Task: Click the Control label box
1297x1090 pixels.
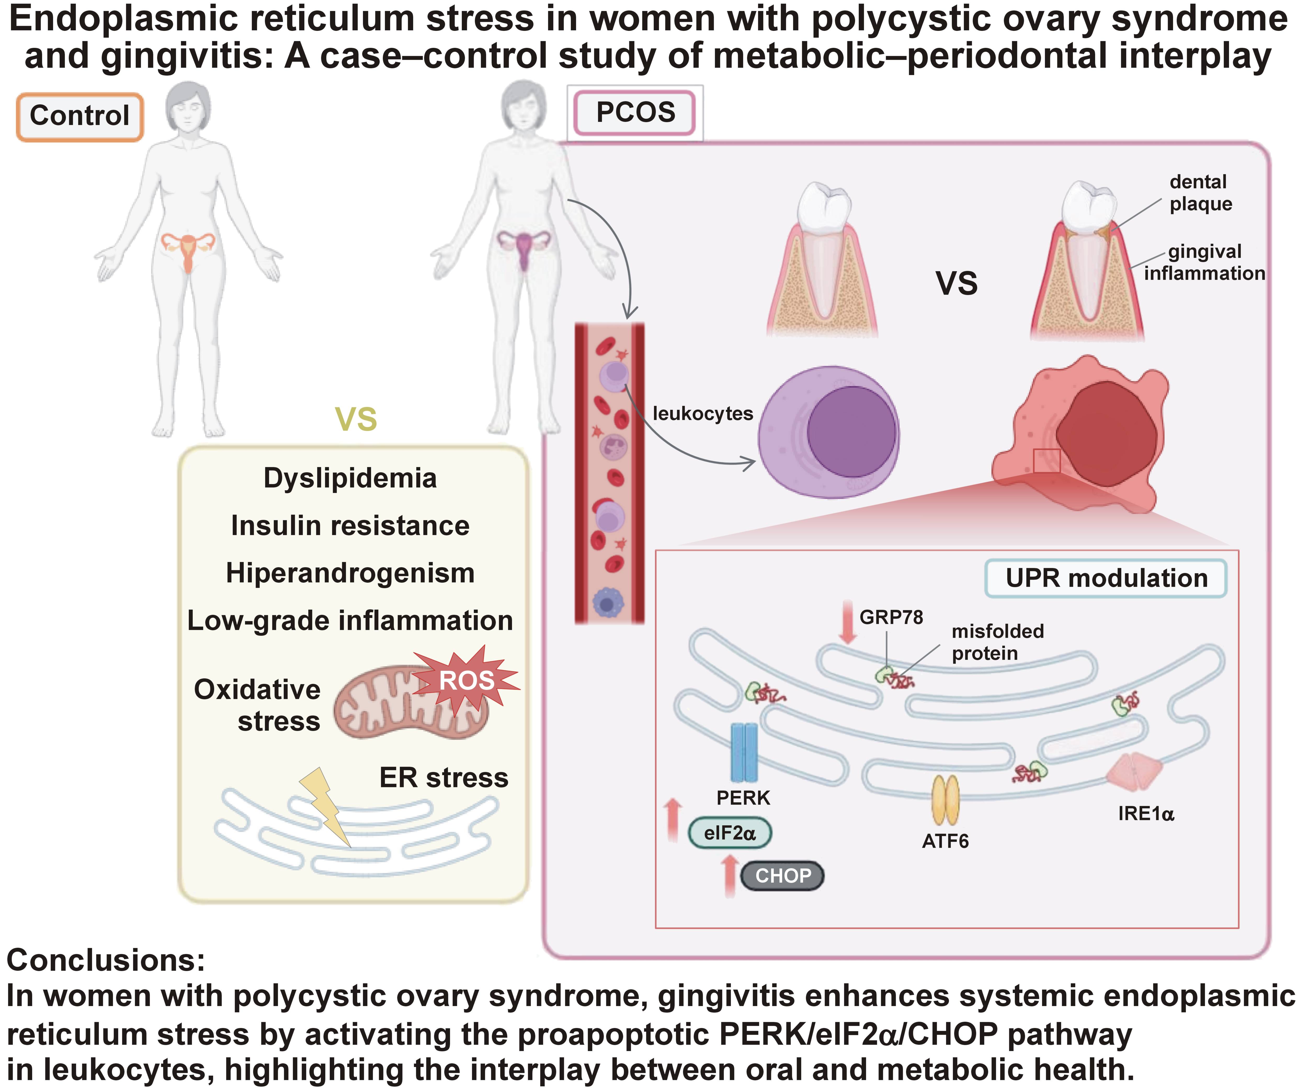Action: point(80,116)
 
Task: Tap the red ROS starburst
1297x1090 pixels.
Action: point(467,680)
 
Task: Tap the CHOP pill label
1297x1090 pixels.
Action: point(782,876)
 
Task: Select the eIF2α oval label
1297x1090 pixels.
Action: point(730,833)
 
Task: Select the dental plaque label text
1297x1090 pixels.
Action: point(1200,193)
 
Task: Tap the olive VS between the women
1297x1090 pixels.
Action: point(356,419)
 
